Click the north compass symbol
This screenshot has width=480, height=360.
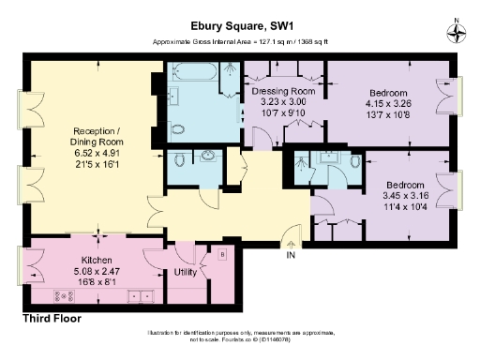[x=457, y=32]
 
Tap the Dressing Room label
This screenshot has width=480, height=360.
[x=281, y=91]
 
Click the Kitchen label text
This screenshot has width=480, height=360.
[x=97, y=260]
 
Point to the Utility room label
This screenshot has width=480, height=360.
[x=186, y=273]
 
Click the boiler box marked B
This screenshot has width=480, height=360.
[x=222, y=253]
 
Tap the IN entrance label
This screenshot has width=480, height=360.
[x=291, y=254]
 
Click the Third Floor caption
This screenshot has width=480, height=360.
[x=51, y=319]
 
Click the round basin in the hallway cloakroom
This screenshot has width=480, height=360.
[x=207, y=156]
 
